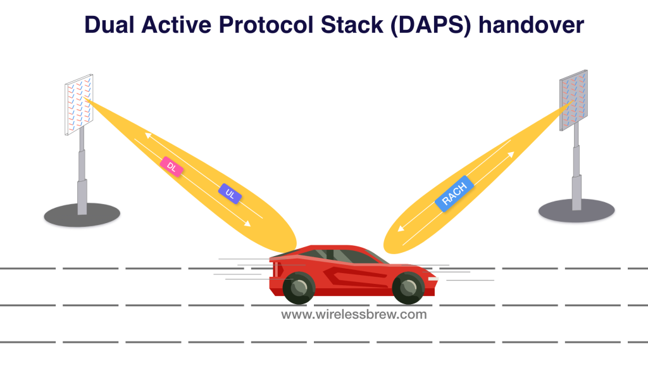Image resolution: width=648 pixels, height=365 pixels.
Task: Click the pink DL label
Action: [x=171, y=167]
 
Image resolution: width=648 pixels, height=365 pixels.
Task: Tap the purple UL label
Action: [x=230, y=194]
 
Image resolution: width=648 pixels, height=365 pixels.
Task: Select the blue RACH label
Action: [x=454, y=194]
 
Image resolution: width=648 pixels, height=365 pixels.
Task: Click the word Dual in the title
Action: [x=109, y=25]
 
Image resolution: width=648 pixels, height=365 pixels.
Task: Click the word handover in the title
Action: [x=532, y=25]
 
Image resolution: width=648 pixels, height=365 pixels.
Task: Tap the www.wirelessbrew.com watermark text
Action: [x=354, y=314]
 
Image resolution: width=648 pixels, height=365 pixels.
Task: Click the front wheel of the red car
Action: [x=408, y=288]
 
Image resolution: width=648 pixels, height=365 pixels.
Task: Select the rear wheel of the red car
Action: [x=299, y=288]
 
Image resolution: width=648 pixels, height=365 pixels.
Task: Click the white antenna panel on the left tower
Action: [x=79, y=105]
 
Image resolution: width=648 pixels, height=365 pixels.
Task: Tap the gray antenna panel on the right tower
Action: [x=573, y=100]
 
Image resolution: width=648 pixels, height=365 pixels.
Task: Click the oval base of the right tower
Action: [x=576, y=210]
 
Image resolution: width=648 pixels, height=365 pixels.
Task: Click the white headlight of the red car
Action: [x=433, y=279]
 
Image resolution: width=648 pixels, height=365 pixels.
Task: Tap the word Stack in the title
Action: [x=352, y=25]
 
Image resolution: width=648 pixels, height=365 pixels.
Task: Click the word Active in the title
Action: [x=177, y=25]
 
